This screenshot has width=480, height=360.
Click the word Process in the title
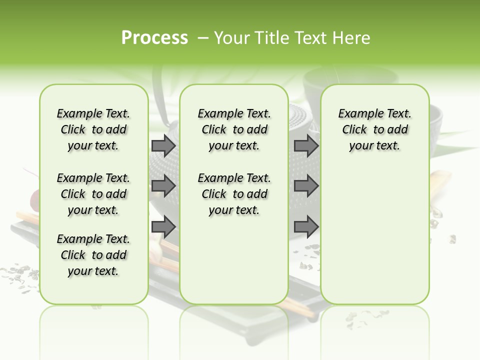tap(154, 38)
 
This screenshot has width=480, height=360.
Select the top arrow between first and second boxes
tap(163, 145)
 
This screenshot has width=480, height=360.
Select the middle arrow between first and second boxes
tap(163, 186)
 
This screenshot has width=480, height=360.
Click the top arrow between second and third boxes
tap(306, 145)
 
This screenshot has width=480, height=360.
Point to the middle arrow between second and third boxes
tap(306, 186)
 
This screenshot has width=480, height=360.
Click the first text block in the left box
tap(93, 129)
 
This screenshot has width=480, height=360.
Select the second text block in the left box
tap(93, 194)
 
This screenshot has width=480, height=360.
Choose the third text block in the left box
tap(93, 255)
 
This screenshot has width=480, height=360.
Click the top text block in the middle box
tap(234, 129)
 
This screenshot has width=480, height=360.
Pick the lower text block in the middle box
tap(234, 194)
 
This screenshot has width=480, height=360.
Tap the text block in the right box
tap(374, 129)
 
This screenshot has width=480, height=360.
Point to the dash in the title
tap(203, 38)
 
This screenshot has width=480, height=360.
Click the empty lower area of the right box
tap(374, 235)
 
